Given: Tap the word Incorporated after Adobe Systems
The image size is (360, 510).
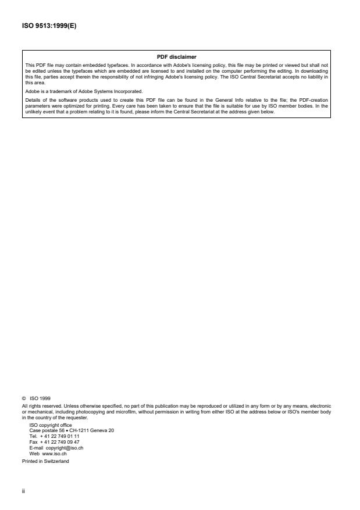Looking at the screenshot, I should tap(124, 91).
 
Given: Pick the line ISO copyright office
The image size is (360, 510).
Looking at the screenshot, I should tap(51, 425).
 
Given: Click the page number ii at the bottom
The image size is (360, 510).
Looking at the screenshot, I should tap(23, 490).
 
